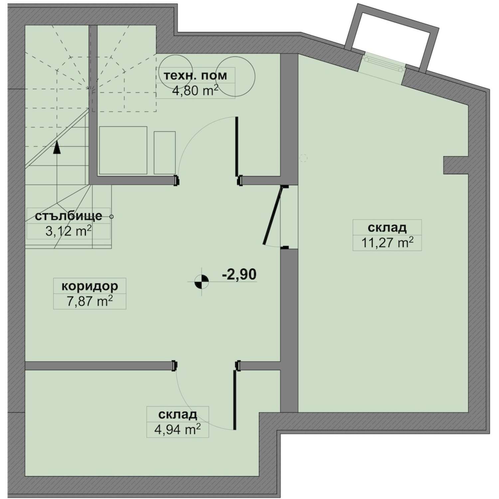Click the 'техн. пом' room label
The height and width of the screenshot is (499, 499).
pyautogui.click(x=195, y=76)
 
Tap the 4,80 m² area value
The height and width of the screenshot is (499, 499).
pyautogui.click(x=195, y=90)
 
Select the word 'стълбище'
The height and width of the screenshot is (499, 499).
pyautogui.click(x=68, y=216)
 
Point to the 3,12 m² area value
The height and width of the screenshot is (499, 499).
pyautogui.click(x=68, y=231)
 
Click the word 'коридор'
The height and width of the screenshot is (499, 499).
pyautogui.click(x=90, y=286)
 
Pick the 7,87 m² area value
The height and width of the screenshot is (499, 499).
pyautogui.click(x=90, y=301)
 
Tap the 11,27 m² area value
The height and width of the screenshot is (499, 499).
pyautogui.click(x=387, y=243)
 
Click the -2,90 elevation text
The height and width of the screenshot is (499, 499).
pyautogui.click(x=239, y=275)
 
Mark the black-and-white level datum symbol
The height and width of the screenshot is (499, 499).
pyautogui.click(x=202, y=281)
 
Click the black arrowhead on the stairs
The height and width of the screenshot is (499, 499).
pyautogui.click(x=57, y=147)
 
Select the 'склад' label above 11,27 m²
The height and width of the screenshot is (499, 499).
pyautogui.click(x=387, y=228)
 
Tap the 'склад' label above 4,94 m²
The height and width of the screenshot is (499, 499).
pyautogui.click(x=178, y=415)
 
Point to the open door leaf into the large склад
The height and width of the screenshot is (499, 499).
pyautogui.click(x=272, y=216)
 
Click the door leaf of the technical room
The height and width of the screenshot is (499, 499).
pyautogui.click(x=237, y=146)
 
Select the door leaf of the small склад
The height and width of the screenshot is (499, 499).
pyautogui.click(x=235, y=400)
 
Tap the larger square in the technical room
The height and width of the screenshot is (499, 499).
pyautogui.click(x=123, y=150)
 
